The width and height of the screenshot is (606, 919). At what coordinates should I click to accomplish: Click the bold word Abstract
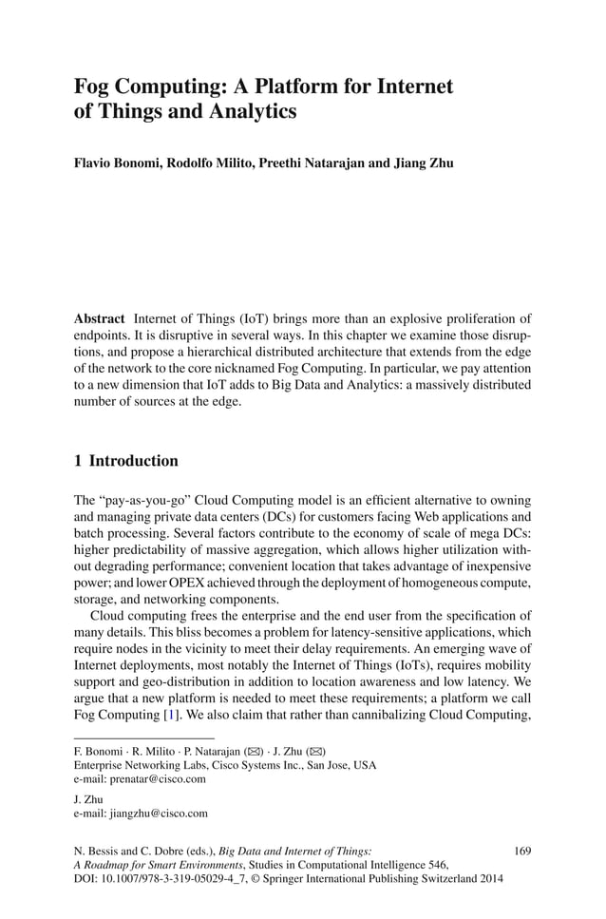100,318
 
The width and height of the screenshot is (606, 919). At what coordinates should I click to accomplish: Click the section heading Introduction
140,461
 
